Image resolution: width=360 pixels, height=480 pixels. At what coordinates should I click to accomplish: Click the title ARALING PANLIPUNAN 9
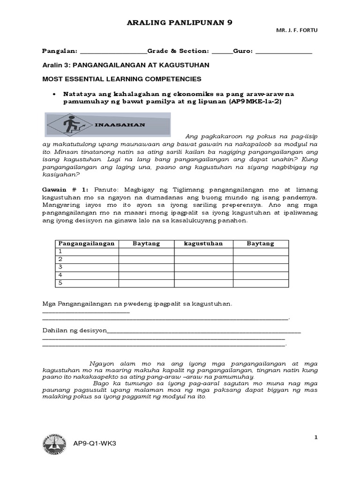click(x=180, y=22)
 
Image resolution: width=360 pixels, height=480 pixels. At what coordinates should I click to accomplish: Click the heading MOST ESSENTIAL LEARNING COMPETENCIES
click(x=122, y=79)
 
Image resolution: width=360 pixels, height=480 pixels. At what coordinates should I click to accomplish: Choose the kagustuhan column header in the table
click(x=203, y=244)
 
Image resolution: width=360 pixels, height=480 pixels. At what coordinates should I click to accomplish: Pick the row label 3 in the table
click(x=60, y=267)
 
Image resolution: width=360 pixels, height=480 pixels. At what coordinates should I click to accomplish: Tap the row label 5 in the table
click(x=60, y=283)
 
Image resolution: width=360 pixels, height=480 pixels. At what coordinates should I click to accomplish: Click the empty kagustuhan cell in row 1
click(x=203, y=252)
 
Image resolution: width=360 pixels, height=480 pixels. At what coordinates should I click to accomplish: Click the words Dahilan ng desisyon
click(x=75, y=330)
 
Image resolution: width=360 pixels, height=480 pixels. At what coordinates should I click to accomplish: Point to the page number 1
click(x=316, y=437)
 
